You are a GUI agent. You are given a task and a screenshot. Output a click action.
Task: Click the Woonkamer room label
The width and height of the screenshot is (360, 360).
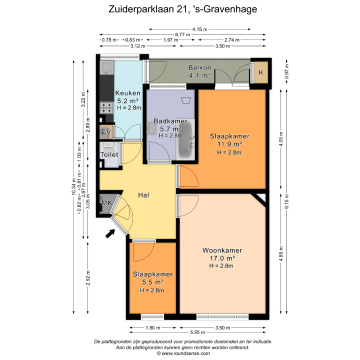[x=222, y=250]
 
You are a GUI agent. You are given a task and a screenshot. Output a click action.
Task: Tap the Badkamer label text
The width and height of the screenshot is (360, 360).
[x=170, y=121]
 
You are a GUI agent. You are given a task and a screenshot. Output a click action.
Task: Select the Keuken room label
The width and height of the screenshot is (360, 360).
[x=128, y=93]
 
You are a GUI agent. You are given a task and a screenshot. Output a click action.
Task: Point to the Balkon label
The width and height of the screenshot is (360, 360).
[x=199, y=67]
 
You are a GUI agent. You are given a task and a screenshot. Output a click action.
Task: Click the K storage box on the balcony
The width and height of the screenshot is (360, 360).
[x=260, y=72]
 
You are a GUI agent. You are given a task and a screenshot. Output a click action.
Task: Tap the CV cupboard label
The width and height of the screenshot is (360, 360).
[x=105, y=132]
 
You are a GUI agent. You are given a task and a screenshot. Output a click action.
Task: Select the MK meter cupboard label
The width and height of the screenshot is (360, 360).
[x=106, y=203]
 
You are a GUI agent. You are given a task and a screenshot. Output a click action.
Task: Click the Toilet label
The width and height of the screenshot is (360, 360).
[x=109, y=155]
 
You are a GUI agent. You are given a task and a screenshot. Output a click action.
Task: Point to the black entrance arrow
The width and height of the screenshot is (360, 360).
[x=110, y=233]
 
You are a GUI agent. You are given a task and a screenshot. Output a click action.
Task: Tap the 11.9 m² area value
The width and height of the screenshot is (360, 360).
[x=229, y=144]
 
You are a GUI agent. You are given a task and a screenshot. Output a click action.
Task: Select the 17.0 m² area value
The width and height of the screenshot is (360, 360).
[x=222, y=258]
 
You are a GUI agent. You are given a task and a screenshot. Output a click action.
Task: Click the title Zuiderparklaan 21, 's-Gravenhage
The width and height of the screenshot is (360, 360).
[x=179, y=8]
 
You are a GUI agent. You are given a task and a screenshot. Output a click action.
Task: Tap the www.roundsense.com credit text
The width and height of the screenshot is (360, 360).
[x=182, y=353]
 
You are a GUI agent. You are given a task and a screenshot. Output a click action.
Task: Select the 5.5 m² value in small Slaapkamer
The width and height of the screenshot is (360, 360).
[x=152, y=282]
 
